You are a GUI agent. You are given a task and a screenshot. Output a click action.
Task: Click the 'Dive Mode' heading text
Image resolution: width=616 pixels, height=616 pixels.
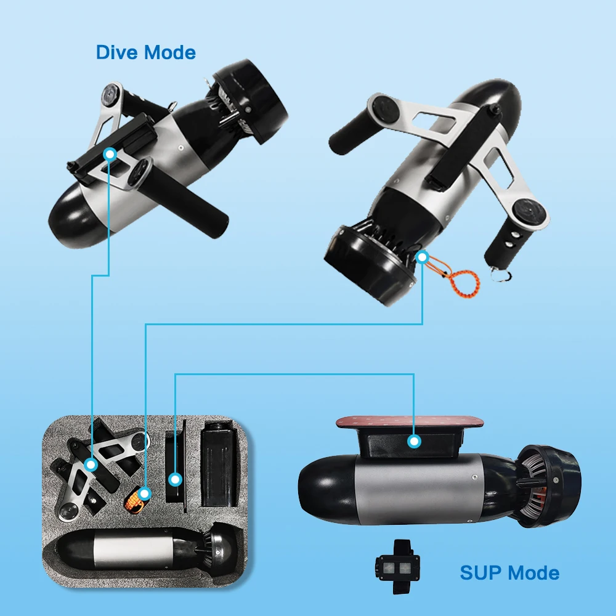[145, 52]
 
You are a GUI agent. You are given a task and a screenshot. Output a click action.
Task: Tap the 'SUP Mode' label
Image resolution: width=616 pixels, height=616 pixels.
[509, 573]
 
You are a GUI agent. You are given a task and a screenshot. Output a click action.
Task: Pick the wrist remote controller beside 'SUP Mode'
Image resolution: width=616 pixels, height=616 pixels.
[398, 565]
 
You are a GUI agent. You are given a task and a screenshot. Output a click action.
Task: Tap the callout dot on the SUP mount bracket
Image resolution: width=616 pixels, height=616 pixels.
[414, 441]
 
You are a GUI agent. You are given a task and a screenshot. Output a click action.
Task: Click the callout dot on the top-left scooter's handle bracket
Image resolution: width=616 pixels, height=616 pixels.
[110, 153]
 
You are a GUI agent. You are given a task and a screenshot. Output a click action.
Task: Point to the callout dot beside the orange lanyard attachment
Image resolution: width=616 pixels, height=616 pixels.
[422, 257]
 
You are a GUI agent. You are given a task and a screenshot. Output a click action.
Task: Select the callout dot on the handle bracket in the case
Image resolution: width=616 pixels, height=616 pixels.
[91, 464]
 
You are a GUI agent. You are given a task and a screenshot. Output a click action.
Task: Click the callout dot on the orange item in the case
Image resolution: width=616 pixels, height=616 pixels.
[144, 493]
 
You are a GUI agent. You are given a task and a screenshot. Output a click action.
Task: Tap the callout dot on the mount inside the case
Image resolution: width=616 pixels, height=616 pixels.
[175, 478]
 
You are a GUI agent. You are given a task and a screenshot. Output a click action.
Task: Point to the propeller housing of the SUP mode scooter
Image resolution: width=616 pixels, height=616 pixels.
[548, 486]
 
